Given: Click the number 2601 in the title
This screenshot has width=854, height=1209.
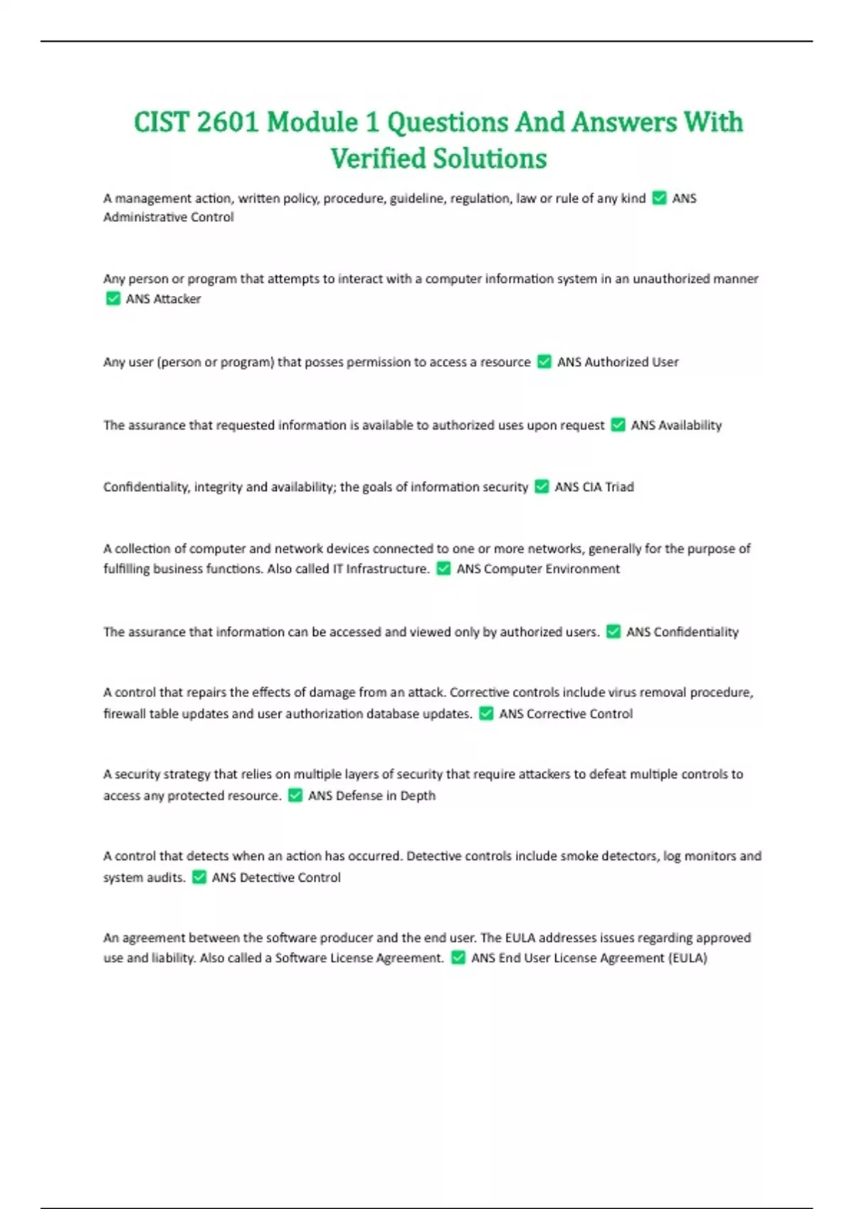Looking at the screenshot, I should (227, 122).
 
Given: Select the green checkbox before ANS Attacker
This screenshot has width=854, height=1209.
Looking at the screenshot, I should (112, 299).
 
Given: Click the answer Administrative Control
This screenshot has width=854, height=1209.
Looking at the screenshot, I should (169, 218).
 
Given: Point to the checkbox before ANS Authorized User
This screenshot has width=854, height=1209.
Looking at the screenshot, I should (544, 362).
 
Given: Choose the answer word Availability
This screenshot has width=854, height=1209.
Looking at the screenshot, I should (690, 425).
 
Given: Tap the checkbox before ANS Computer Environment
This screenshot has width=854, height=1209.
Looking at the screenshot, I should (443, 569).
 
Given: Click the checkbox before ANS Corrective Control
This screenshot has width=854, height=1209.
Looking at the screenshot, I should (486, 714).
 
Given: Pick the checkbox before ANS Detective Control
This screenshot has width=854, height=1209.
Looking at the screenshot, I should (199, 878).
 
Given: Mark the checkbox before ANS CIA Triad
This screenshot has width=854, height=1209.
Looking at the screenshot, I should (542, 487).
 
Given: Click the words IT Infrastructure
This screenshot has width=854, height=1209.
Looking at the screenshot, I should (381, 569).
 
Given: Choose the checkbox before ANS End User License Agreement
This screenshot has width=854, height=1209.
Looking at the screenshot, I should (458, 958).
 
